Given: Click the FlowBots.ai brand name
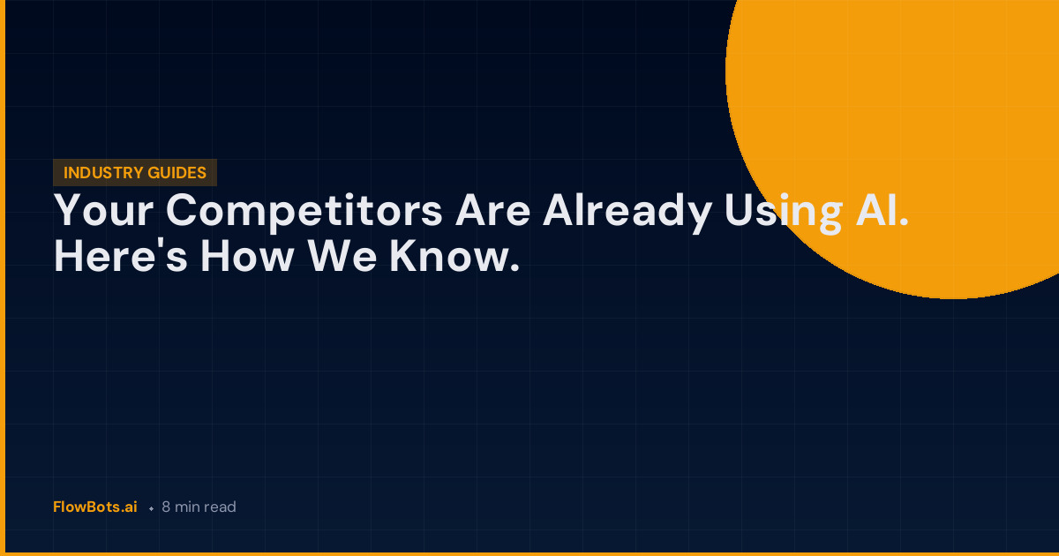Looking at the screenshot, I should click(95, 507).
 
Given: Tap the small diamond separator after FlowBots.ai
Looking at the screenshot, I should click(151, 508).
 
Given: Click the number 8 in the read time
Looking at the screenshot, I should click(166, 507).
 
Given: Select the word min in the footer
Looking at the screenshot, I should click(187, 507).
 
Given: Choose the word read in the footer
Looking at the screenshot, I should click(221, 507).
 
